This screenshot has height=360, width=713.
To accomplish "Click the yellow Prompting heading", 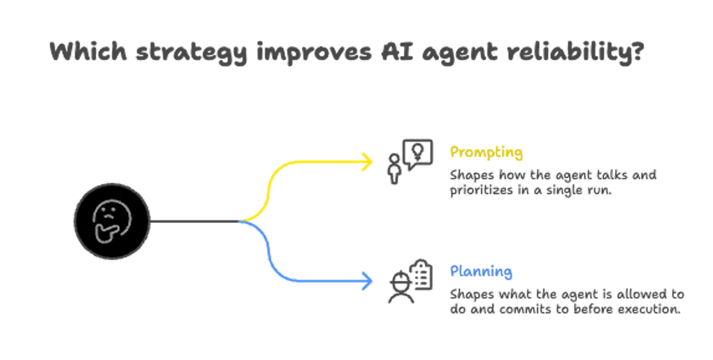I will (x=487, y=151).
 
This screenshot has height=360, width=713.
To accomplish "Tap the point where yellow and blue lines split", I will (x=241, y=222).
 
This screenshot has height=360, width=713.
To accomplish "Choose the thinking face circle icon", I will (x=113, y=222).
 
